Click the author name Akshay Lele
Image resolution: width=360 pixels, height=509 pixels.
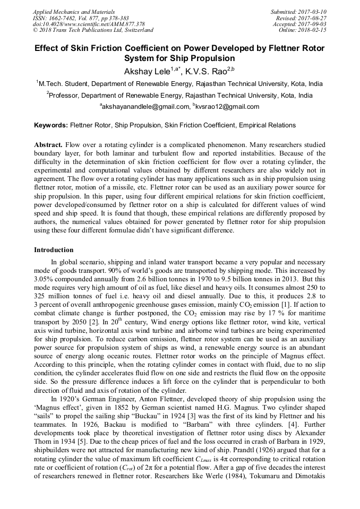(x=147, y=71)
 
